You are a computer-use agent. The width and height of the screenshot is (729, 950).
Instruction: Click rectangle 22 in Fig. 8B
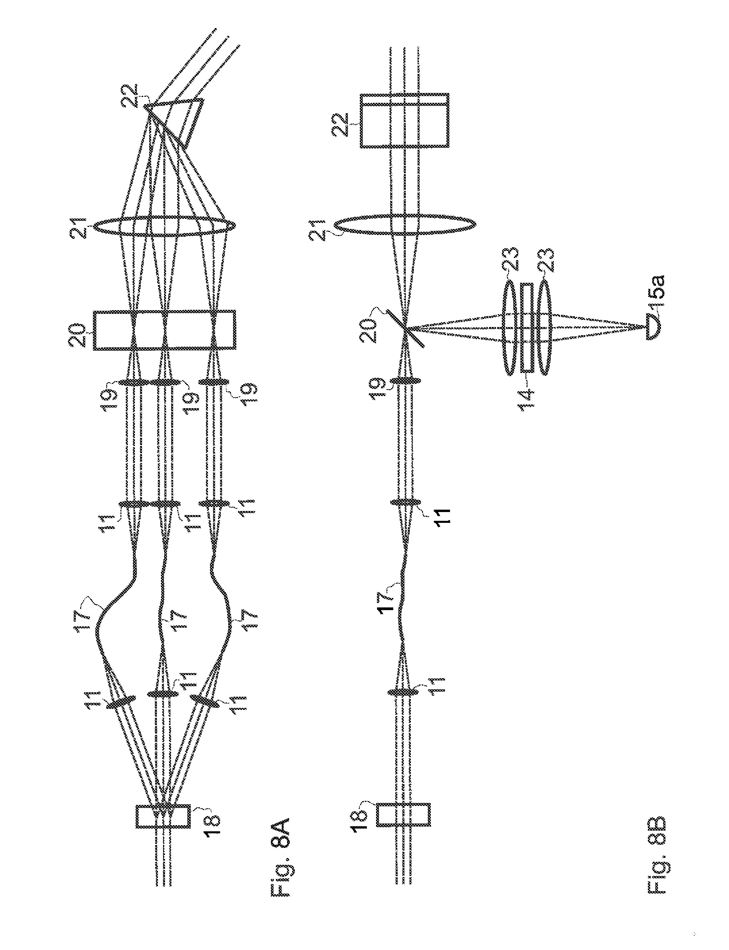(x=404, y=121)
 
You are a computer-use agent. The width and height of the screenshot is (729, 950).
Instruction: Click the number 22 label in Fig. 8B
(x=344, y=125)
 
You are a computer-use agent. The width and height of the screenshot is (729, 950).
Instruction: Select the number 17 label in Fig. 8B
(x=386, y=598)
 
